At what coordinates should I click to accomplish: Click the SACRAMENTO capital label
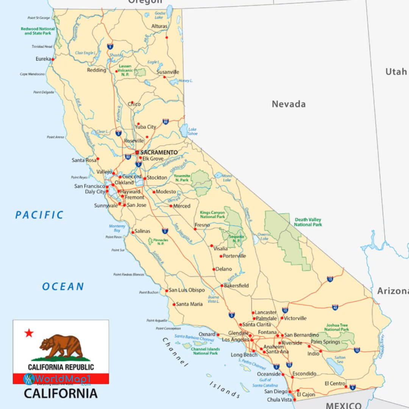pos(159,152)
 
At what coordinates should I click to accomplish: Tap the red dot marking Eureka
pos(53,59)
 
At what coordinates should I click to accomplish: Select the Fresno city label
pos(202,225)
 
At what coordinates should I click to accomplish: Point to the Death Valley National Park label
pos(308,222)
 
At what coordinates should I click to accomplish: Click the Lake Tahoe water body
pos(184,130)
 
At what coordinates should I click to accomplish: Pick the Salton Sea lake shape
pos(334,365)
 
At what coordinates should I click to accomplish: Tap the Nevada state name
pos(289,104)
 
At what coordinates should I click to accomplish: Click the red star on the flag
pos(29,333)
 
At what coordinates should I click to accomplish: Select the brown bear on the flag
pos(62,346)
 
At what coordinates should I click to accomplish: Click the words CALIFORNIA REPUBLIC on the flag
pos(61,367)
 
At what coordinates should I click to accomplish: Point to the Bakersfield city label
pos(236,286)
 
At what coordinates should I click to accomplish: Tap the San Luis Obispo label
pos(187,290)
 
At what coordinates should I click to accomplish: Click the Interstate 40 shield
pos(335,307)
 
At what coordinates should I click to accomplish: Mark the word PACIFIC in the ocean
pos(39,215)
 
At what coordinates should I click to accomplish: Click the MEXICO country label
pos(343,405)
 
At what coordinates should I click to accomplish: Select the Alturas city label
pos(159,26)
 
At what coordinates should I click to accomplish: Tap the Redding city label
pos(97,70)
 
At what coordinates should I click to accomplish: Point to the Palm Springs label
pos(325,342)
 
